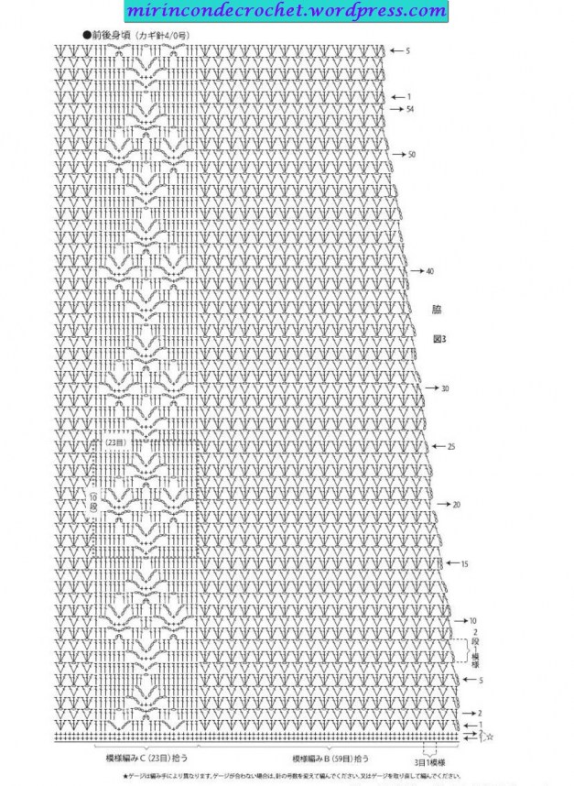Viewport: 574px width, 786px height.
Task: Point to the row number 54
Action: [409, 110]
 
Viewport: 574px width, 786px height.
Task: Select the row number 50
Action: [412, 155]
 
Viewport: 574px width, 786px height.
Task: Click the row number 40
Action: [429, 271]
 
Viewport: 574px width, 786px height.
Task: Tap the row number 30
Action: [445, 388]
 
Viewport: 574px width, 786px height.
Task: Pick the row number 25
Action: [451, 446]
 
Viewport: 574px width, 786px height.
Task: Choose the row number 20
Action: [456, 505]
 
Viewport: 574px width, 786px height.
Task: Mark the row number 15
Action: [464, 563]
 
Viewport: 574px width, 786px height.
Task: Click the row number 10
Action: [473, 621]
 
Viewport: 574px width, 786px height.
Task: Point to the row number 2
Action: [480, 713]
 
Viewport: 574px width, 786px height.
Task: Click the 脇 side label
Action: [437, 309]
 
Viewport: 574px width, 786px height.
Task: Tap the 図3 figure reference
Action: [439, 339]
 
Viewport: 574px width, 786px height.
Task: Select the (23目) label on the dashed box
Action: [114, 442]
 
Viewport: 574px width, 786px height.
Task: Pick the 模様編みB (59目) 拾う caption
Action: [331, 759]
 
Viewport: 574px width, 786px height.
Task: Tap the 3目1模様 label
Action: [429, 762]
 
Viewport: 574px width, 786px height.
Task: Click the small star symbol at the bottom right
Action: [490, 737]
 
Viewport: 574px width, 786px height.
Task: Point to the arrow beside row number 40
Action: [417, 271]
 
